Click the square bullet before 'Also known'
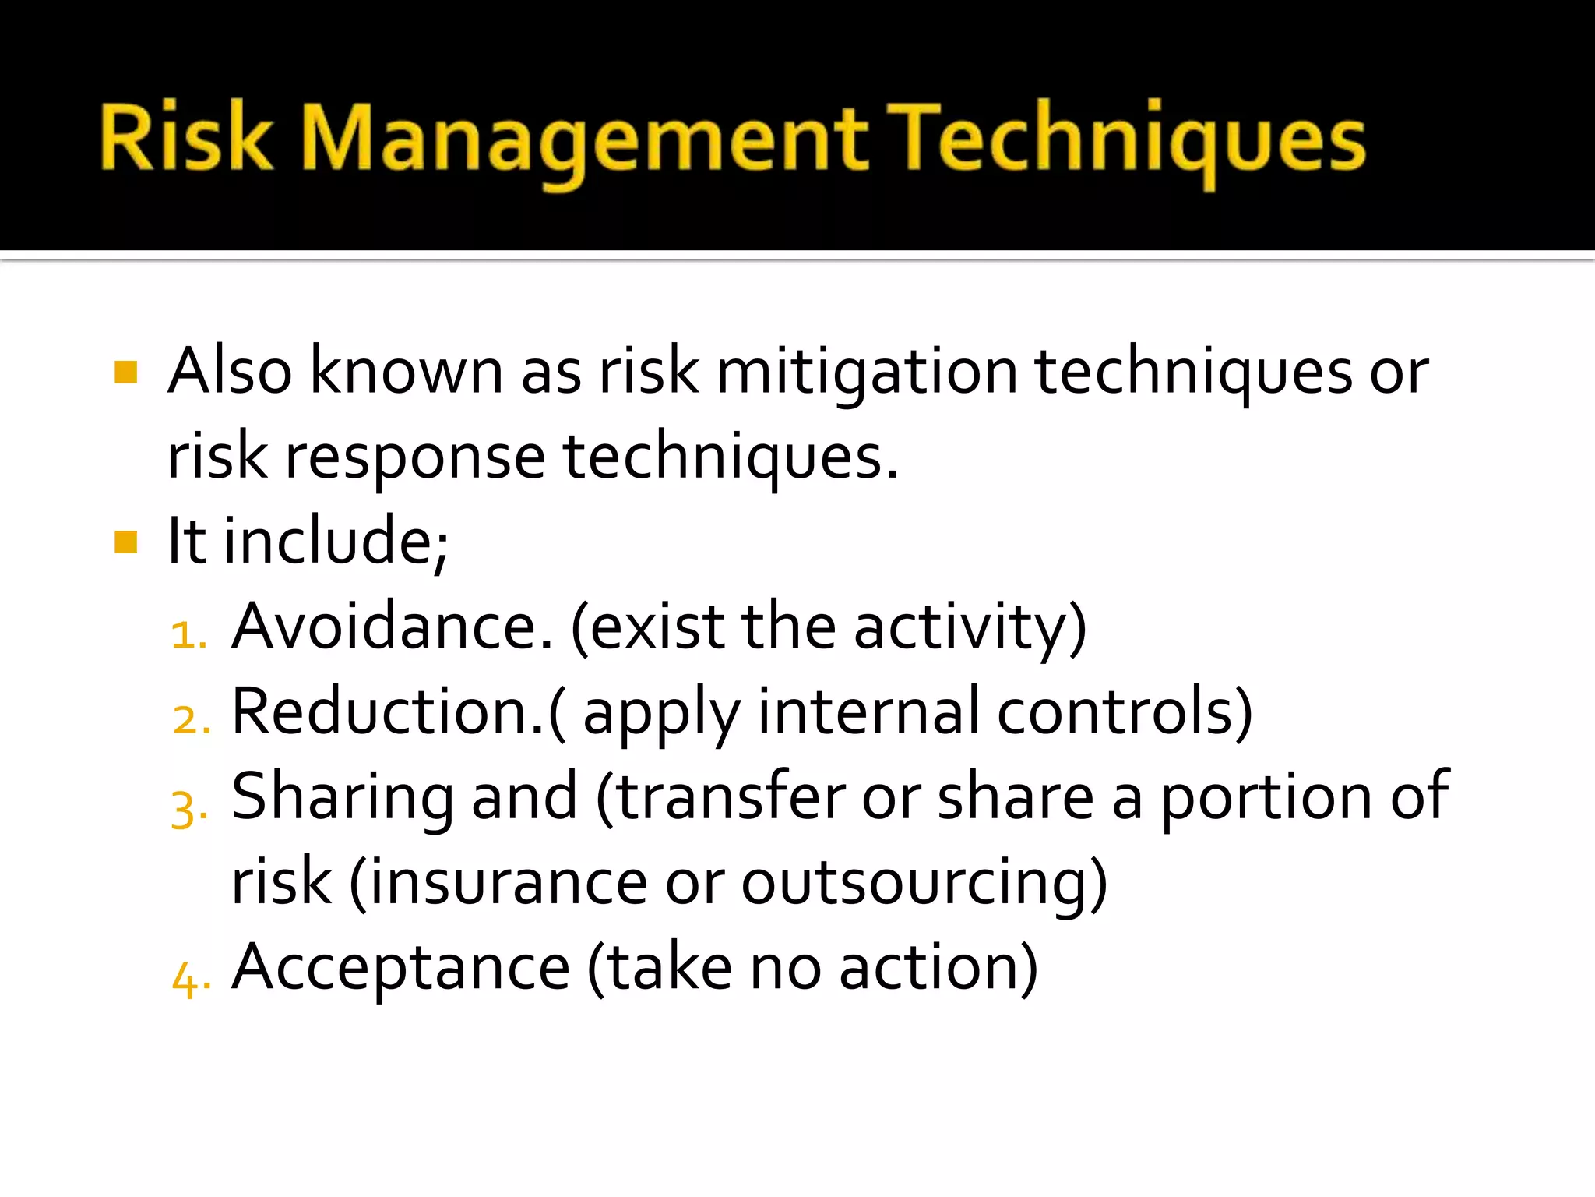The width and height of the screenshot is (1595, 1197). coord(125,373)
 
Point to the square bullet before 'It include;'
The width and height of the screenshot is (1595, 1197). coord(125,542)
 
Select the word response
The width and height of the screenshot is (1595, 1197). coord(415,458)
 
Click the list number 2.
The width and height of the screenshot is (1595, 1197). coord(190,719)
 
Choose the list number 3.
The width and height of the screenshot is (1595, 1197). coord(188,808)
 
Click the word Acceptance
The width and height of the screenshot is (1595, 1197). coord(401,968)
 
